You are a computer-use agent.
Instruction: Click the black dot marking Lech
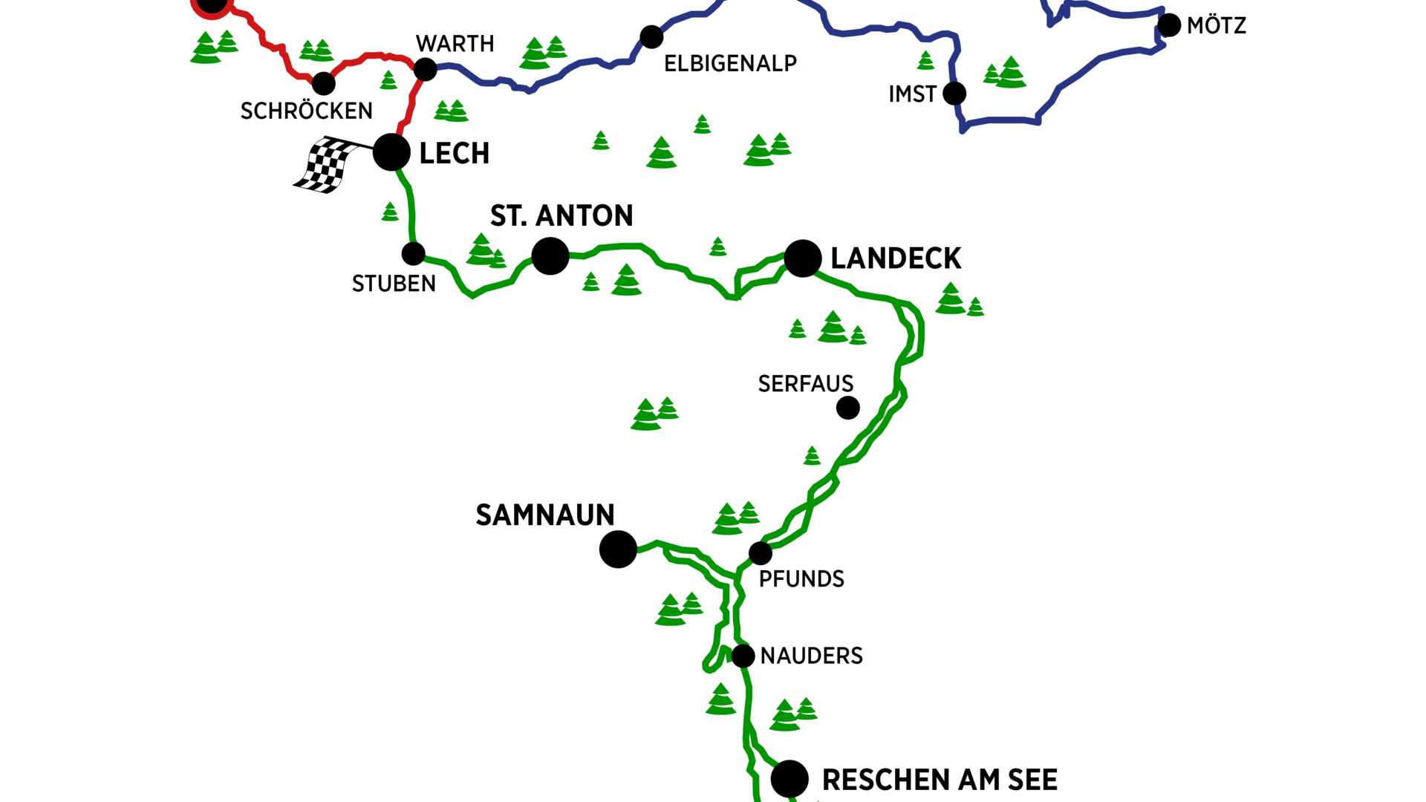click(391, 152)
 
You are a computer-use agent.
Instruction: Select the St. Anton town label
click(561, 216)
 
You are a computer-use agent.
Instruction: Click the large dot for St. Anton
click(550, 256)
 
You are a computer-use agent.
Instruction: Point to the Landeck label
click(896, 258)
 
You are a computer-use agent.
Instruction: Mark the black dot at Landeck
click(803, 258)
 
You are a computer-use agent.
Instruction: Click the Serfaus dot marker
click(848, 408)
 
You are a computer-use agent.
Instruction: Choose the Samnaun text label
click(545, 515)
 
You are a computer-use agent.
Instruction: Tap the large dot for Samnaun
click(618, 550)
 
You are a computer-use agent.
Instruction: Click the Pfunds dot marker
click(761, 553)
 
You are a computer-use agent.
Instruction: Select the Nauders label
click(812, 656)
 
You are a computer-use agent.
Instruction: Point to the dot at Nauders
click(743, 656)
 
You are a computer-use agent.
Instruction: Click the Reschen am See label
click(940, 780)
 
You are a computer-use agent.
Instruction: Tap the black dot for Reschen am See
click(789, 779)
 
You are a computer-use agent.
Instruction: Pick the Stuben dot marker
click(413, 254)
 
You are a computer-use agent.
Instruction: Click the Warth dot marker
click(425, 70)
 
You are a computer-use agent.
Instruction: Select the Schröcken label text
click(307, 111)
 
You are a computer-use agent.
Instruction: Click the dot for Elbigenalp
click(651, 36)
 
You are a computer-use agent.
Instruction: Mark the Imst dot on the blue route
click(954, 94)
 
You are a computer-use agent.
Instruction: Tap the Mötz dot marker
click(1169, 25)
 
